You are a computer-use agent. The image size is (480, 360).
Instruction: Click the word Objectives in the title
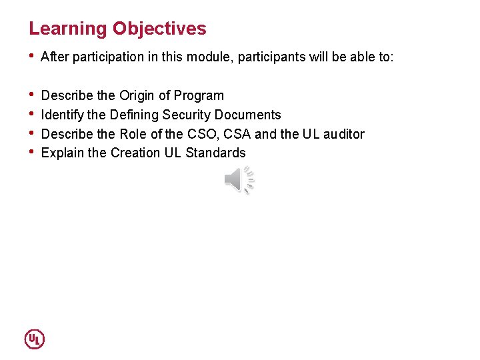tap(159, 29)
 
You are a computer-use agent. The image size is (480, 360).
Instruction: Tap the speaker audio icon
tap(239, 181)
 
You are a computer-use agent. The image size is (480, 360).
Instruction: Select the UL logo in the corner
tap(34, 339)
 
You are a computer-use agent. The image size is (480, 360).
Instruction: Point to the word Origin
tap(137, 95)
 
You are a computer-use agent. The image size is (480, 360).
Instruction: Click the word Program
tap(199, 95)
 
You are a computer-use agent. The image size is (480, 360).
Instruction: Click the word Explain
tap(63, 153)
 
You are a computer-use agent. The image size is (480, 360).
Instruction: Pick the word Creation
tap(135, 153)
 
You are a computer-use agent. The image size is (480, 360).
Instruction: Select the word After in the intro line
tap(55, 57)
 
